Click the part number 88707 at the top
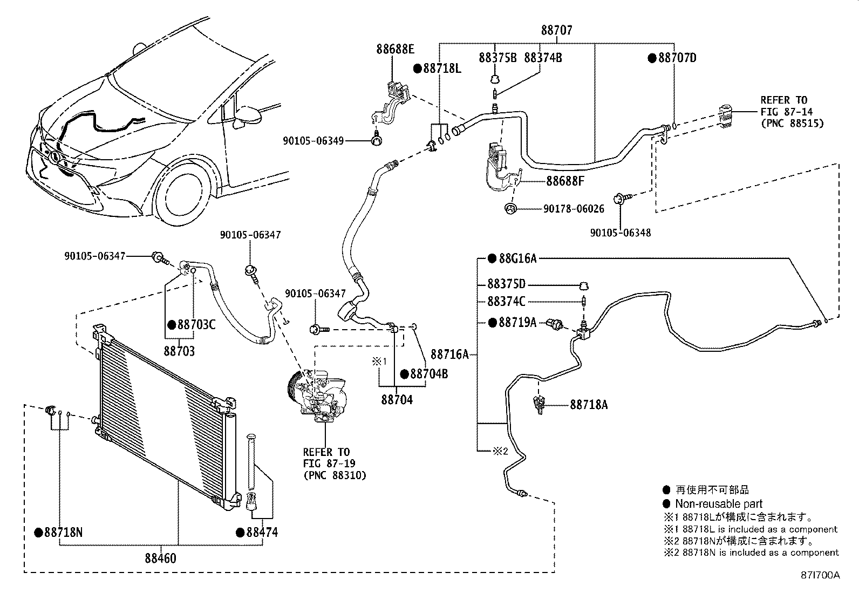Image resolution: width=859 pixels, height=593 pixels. (x=557, y=30)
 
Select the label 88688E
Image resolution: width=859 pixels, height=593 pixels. (x=396, y=49)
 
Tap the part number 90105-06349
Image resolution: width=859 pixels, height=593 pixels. (x=313, y=141)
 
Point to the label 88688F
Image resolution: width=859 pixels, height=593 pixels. (x=565, y=181)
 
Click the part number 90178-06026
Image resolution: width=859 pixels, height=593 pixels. (x=574, y=209)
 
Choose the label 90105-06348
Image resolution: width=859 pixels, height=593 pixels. (x=621, y=233)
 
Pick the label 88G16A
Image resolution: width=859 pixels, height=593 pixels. (x=517, y=258)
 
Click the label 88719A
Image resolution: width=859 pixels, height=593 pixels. (x=517, y=323)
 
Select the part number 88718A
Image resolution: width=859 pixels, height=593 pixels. (x=589, y=405)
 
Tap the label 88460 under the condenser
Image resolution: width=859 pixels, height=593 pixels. (x=160, y=558)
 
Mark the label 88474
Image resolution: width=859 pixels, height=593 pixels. (x=262, y=532)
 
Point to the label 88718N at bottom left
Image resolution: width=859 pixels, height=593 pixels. (x=63, y=533)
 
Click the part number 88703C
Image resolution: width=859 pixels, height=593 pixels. (x=196, y=325)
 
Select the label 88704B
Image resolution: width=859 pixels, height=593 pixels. (x=429, y=373)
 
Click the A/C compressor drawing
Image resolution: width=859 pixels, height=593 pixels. (x=317, y=396)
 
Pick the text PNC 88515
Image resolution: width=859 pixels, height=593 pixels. (x=792, y=124)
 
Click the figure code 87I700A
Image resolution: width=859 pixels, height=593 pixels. (x=820, y=575)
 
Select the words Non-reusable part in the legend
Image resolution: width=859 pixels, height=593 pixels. (x=719, y=503)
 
